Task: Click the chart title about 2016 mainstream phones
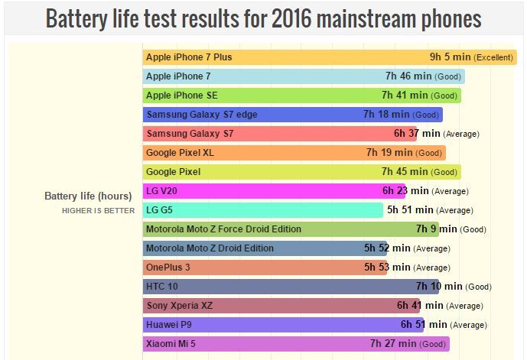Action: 263,18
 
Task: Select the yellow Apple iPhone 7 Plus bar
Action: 330,57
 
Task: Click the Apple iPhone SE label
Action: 182,96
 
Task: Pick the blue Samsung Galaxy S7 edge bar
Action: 293,115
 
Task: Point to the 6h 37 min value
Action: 417,134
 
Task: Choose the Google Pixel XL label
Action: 180,153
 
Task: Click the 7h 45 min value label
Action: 405,172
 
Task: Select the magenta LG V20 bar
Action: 274,191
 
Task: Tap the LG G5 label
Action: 159,210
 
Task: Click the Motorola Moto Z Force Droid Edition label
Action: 223,229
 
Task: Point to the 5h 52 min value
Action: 387,248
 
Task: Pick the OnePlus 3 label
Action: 168,268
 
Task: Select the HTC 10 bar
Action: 291,287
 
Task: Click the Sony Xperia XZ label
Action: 180,306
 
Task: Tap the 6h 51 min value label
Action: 424,324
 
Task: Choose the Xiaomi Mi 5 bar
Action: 296,344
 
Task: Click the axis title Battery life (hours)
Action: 88,196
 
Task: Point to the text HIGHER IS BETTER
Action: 98,210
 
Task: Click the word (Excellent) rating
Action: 493,57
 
